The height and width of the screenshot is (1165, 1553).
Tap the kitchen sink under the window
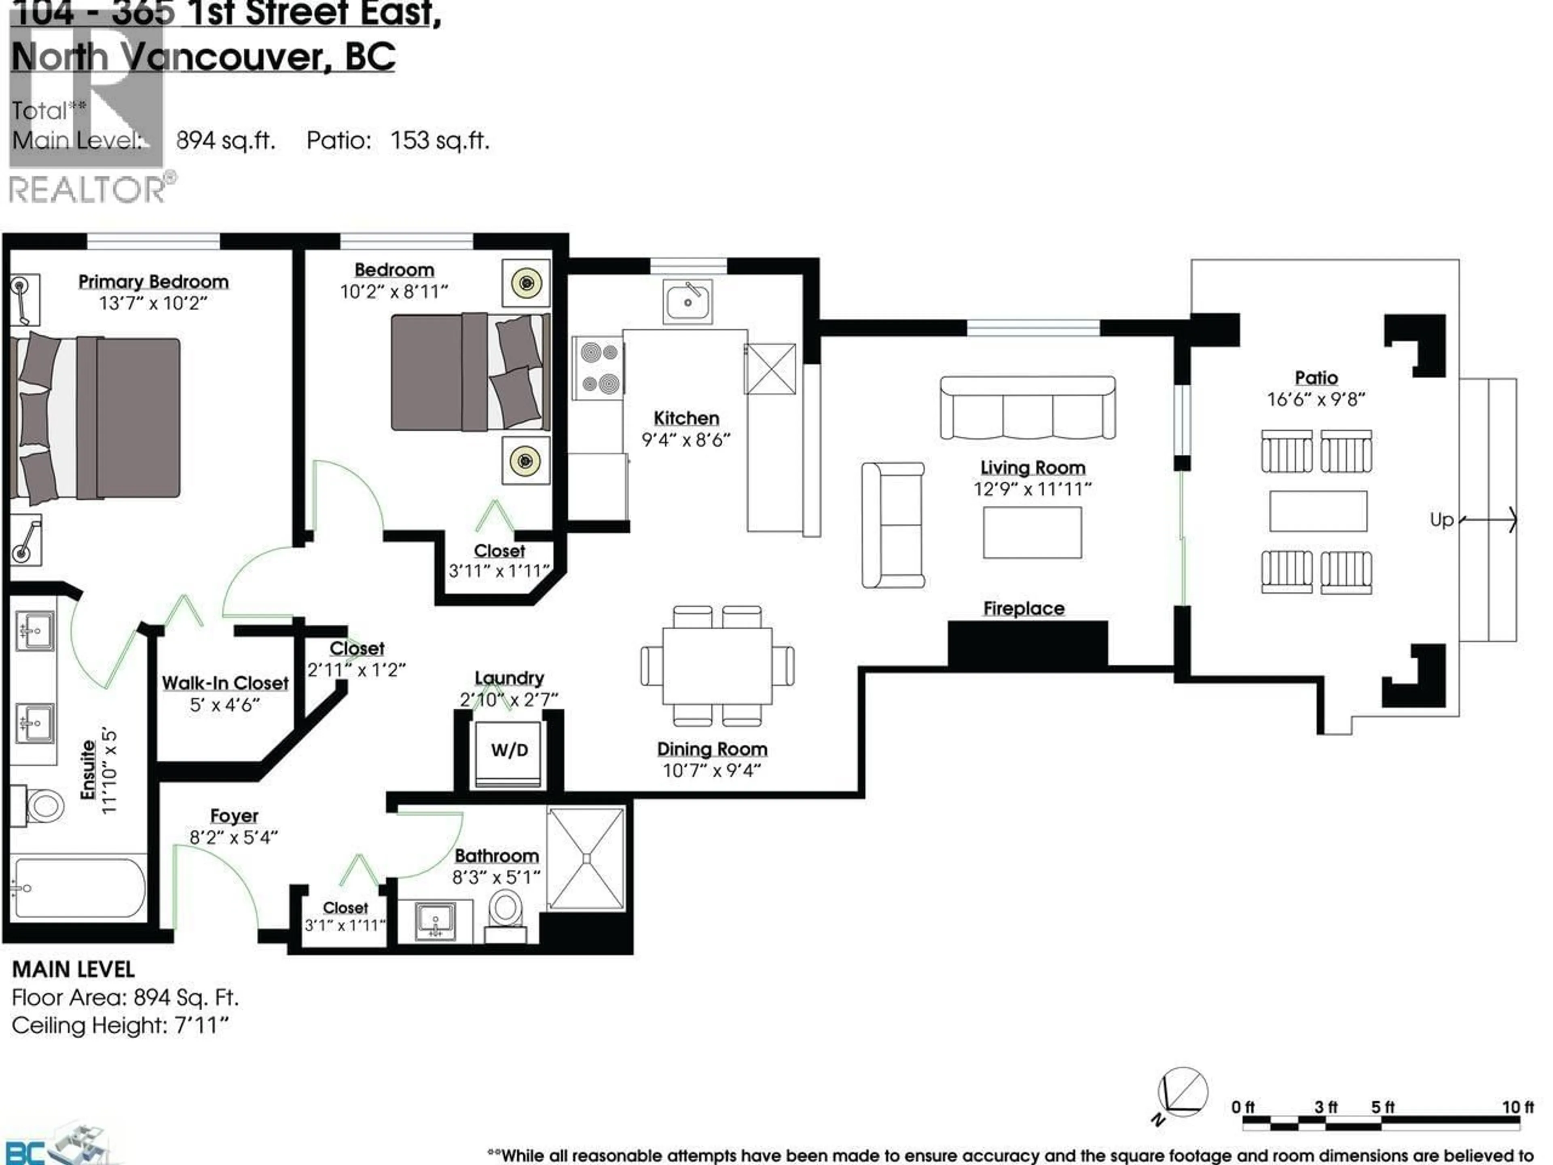tap(688, 302)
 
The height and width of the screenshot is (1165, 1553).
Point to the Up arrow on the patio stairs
tap(1488, 520)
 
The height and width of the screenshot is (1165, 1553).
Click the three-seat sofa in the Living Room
tap(1027, 408)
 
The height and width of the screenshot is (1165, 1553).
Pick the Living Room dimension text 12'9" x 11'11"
tap(1032, 489)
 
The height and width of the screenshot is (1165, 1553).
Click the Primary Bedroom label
tap(153, 282)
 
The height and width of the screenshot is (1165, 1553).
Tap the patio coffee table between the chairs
tap(1318, 510)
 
